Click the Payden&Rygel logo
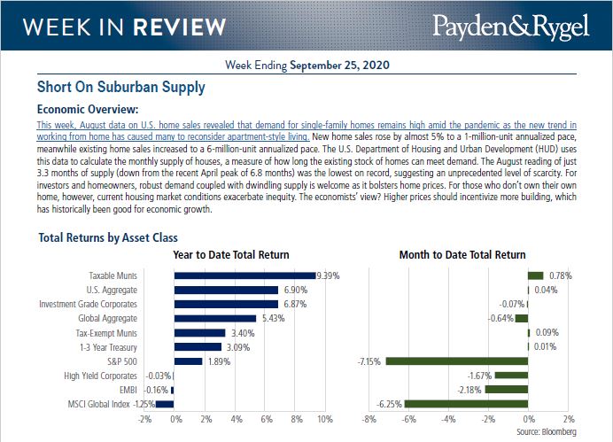(511, 27)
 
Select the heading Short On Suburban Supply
(120, 88)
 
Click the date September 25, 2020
(340, 66)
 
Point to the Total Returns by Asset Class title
(108, 237)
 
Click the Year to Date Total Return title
(230, 255)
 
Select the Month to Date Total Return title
(462, 255)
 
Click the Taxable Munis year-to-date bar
(244, 275)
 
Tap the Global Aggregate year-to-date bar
(214, 318)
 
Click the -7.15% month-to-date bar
(456, 361)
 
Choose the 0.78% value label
(560, 275)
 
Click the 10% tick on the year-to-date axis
(323, 418)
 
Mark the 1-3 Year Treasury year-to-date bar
(198, 346)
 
